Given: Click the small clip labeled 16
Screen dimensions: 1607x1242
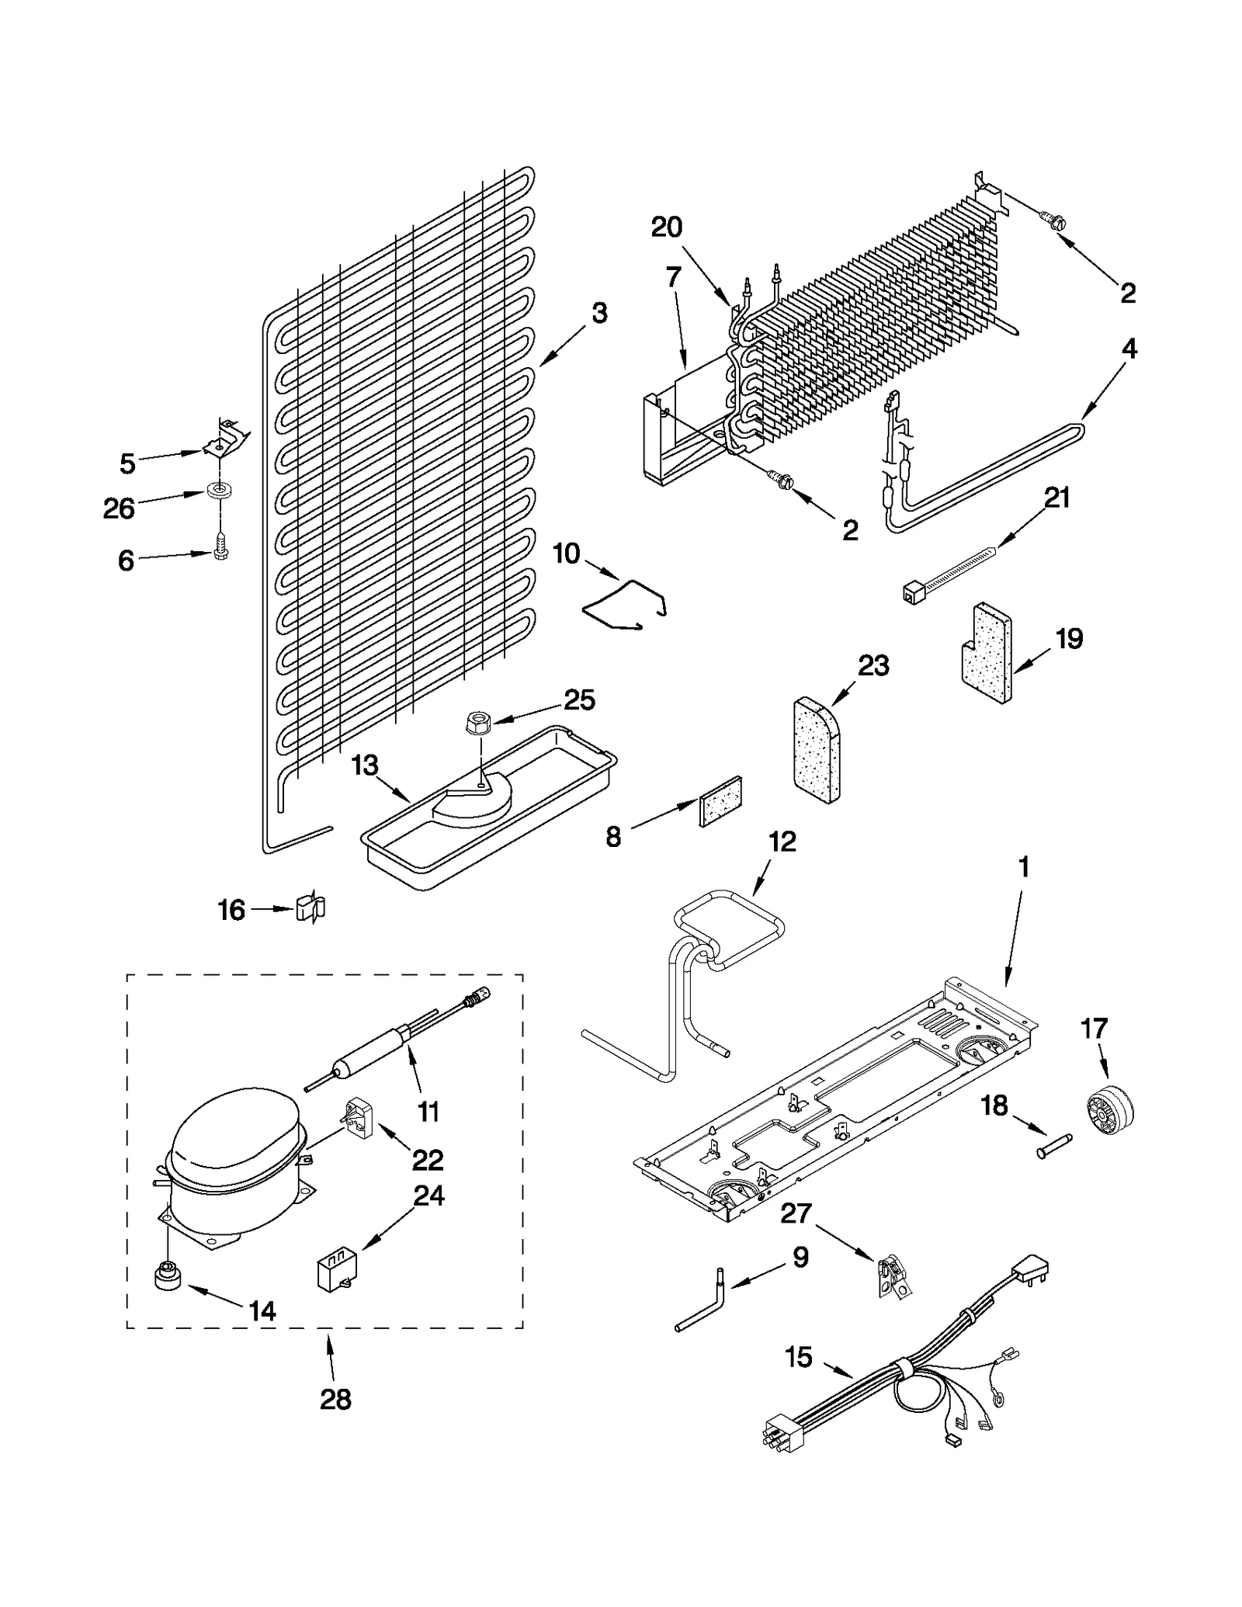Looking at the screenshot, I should pyautogui.click(x=310, y=907).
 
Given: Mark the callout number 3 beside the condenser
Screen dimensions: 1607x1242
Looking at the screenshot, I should pyautogui.click(x=599, y=314).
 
